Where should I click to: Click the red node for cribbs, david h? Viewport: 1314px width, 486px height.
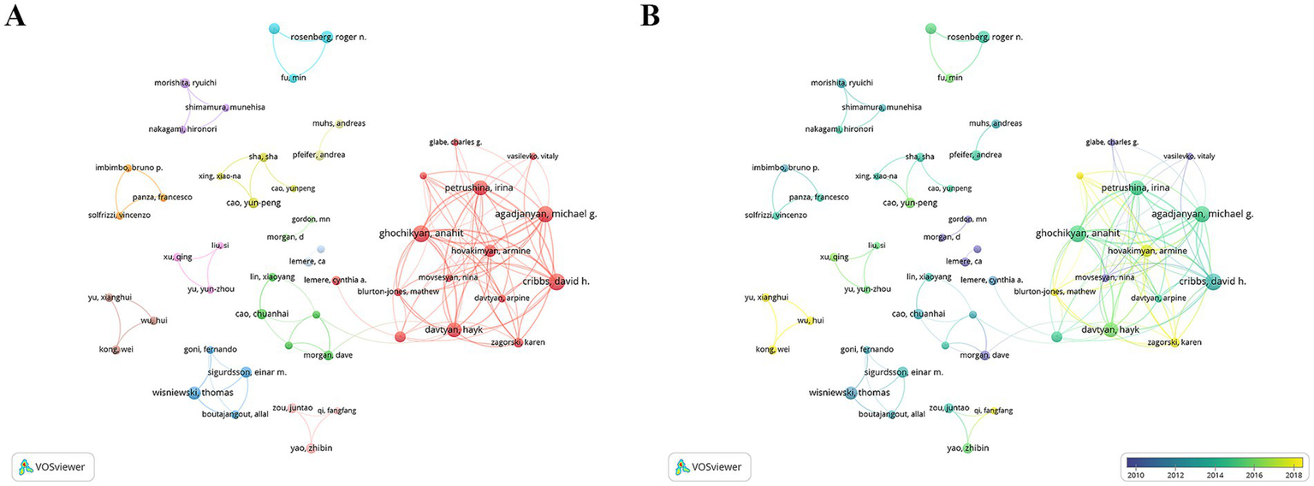[556, 282]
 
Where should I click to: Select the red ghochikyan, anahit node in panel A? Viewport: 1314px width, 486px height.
[420, 234]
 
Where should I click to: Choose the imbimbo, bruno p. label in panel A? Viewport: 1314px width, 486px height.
[128, 168]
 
